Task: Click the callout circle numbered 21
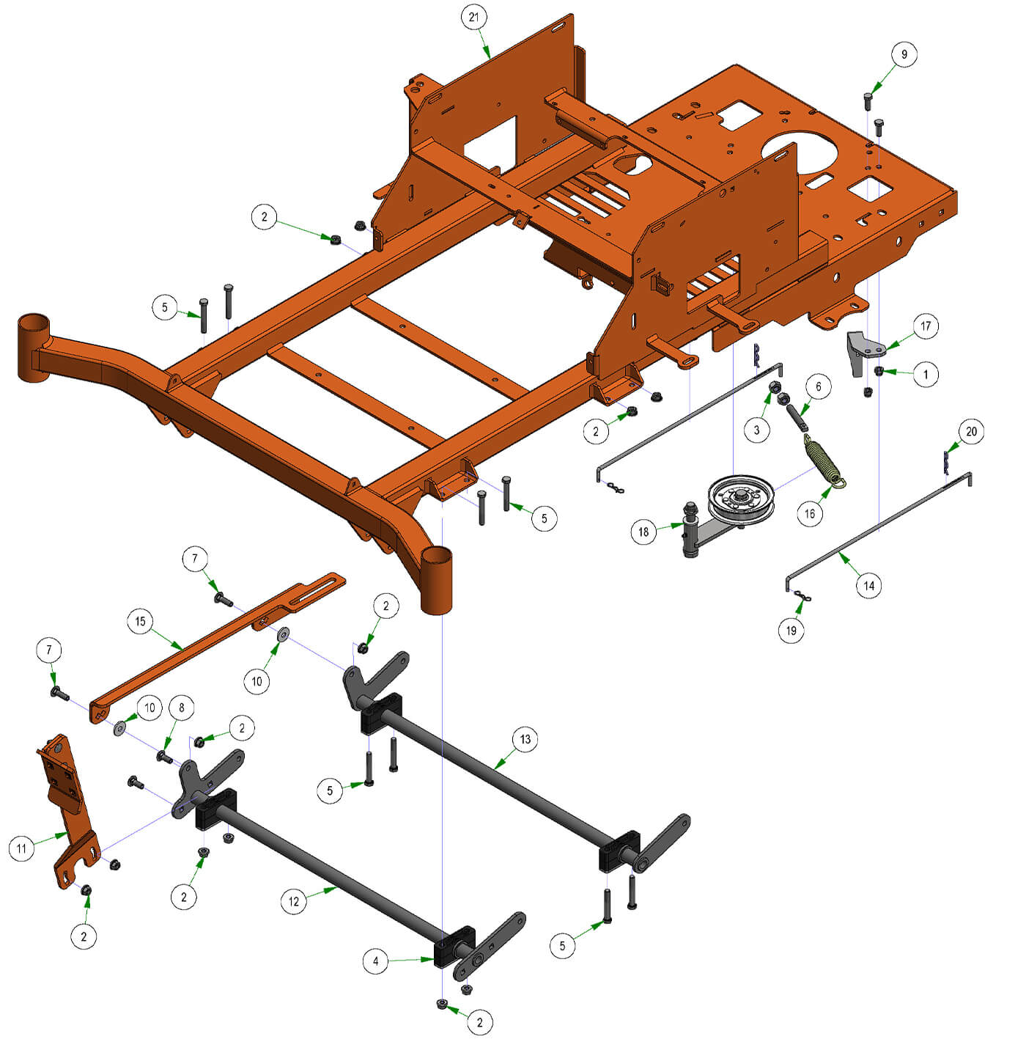[x=473, y=18]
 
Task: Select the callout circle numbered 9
[x=904, y=54]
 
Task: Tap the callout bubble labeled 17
[x=926, y=326]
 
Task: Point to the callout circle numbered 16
[x=810, y=513]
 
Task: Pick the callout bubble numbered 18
[x=643, y=532]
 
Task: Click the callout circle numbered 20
[x=971, y=431]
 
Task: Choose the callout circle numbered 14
[x=869, y=585]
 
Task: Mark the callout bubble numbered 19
[x=791, y=630]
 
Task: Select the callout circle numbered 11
[x=21, y=849]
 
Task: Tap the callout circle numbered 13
[x=525, y=738]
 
